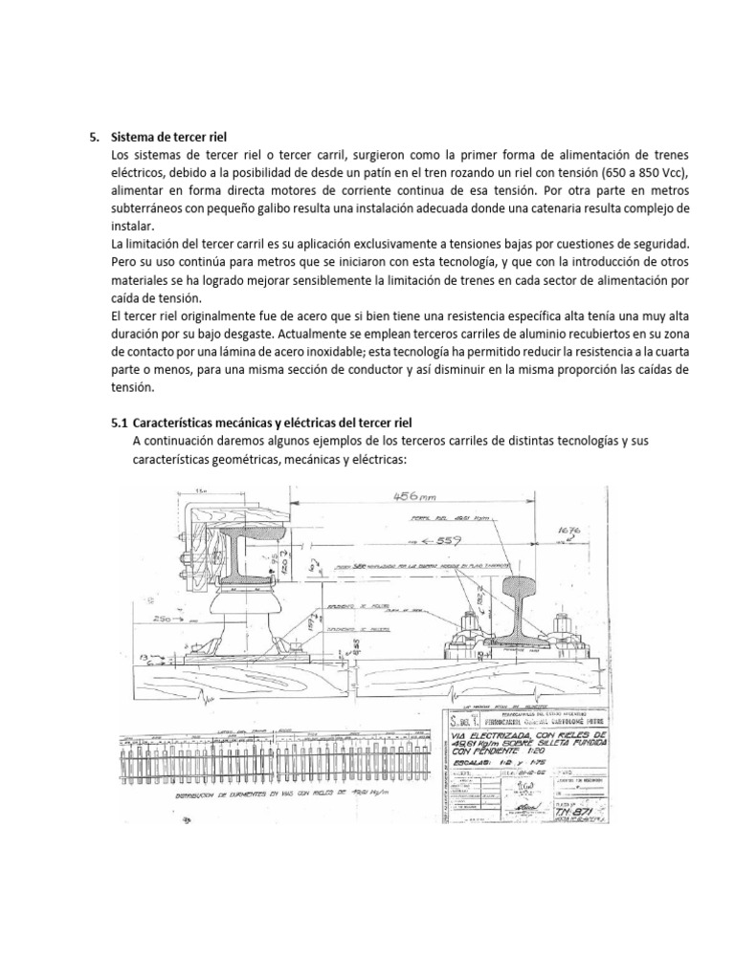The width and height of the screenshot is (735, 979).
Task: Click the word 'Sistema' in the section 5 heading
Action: (x=136, y=136)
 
